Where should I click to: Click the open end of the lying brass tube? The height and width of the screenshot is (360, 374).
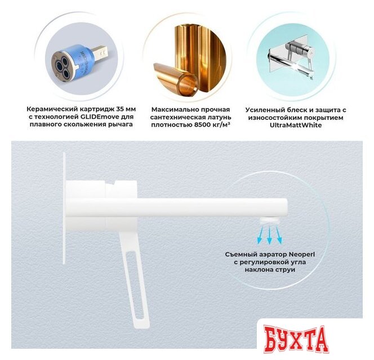click(188, 84)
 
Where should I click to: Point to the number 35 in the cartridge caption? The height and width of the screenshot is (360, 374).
click(120, 109)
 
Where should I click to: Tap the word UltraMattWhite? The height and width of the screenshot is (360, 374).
click(296, 125)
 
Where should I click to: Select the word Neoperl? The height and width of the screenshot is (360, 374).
click(302, 254)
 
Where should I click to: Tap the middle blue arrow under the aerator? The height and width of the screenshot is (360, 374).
click(270, 235)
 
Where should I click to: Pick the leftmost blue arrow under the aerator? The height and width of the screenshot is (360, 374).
click(260, 235)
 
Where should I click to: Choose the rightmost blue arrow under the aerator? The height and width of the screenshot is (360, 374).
click(278, 235)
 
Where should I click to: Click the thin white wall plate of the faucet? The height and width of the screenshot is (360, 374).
click(64, 208)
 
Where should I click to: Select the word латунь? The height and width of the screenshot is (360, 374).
click(219, 118)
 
